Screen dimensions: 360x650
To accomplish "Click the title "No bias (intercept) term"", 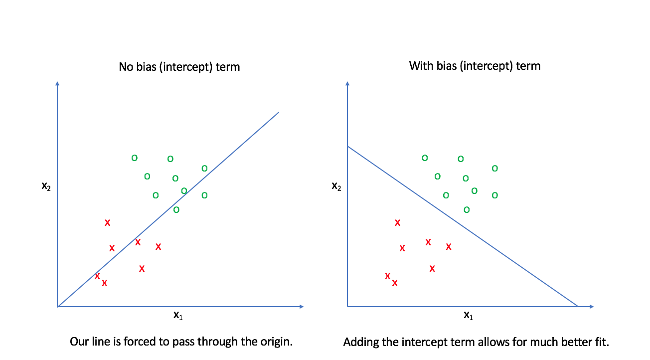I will coord(179,66).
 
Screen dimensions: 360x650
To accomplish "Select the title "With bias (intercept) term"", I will coord(475,65).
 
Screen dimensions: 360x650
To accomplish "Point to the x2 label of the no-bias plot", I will coord(46,186).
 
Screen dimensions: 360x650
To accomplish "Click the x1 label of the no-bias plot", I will coord(178,315).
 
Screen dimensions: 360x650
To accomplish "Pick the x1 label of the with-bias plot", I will coord(468,315).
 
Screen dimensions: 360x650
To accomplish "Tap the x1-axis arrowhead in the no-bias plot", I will coord(301,306).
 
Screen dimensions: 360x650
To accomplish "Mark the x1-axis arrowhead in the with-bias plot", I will coord(591,306).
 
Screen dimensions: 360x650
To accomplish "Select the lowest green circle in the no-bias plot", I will coord(176,210).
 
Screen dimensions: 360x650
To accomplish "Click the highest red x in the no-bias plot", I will coord(107,223).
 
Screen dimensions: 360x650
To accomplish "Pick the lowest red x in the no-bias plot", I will coord(105,283).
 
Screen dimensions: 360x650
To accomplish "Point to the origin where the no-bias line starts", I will coord(58,306).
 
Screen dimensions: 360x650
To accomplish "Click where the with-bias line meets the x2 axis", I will coord(347,146).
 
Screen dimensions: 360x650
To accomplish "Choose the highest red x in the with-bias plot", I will coord(397,223).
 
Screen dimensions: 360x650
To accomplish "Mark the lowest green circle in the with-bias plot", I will coord(467,210).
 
